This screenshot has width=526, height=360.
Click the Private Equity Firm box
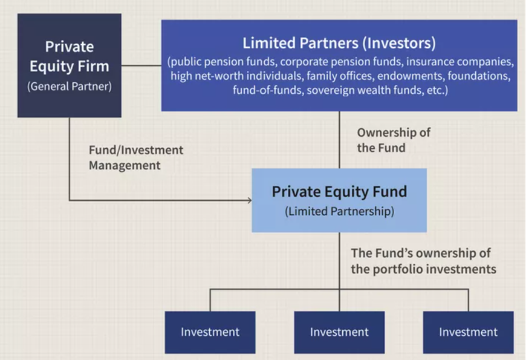(x=69, y=65)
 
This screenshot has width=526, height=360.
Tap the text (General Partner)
(x=69, y=86)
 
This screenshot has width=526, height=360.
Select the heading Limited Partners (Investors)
(x=339, y=44)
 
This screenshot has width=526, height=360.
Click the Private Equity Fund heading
(x=339, y=192)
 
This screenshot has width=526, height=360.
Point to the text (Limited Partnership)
(x=339, y=212)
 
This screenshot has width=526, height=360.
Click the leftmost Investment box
(x=210, y=332)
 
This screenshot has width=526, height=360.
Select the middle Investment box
(x=339, y=332)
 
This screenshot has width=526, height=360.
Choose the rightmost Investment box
(x=468, y=332)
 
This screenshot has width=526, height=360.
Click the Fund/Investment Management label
(x=135, y=157)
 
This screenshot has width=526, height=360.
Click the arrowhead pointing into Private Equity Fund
(x=248, y=200)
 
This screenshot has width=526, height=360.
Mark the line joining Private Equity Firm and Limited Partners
(x=141, y=65)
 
